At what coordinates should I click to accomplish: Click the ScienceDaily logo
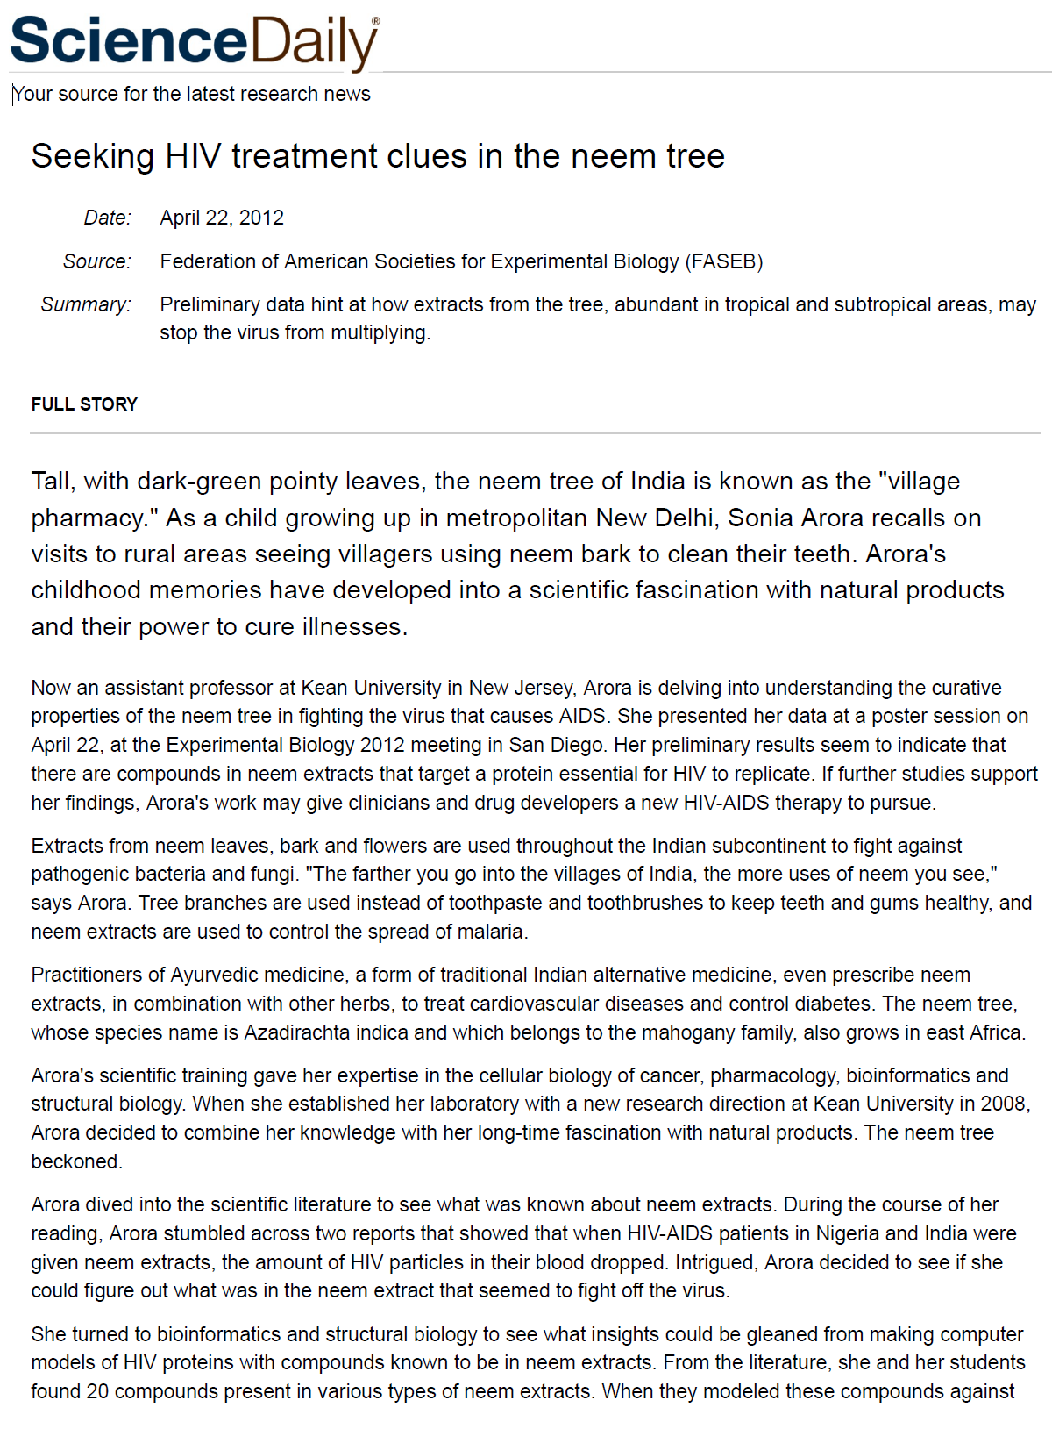[195, 41]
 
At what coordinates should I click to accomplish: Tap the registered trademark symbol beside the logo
[376, 20]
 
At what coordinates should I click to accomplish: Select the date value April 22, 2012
[222, 218]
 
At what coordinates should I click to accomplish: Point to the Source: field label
[96, 261]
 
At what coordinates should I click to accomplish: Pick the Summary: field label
[86, 304]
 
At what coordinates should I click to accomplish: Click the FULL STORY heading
[84, 404]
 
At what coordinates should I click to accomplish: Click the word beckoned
[75, 1161]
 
